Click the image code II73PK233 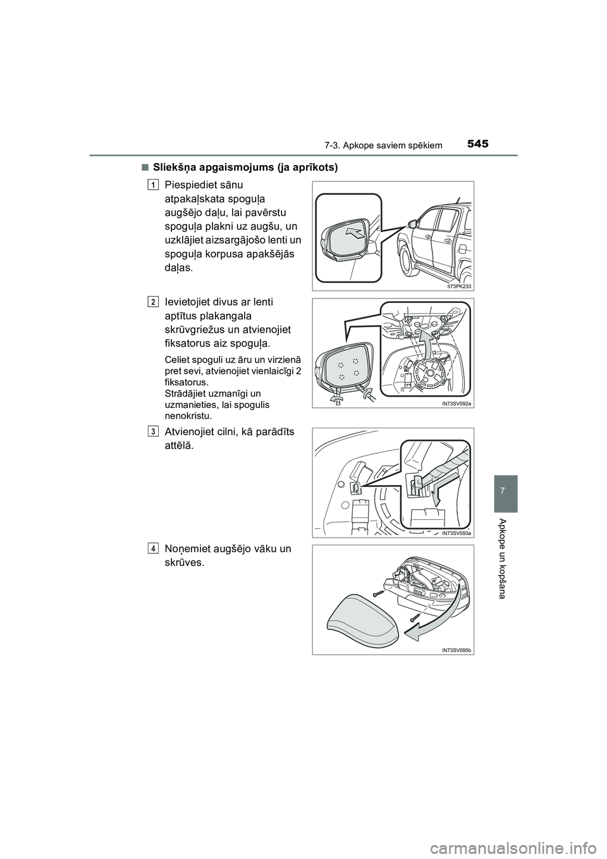[457, 286]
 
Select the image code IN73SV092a [457, 404]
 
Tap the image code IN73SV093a [457, 533]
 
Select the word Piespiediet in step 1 [190, 185]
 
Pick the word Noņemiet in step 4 [187, 548]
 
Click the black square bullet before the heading [145, 168]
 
